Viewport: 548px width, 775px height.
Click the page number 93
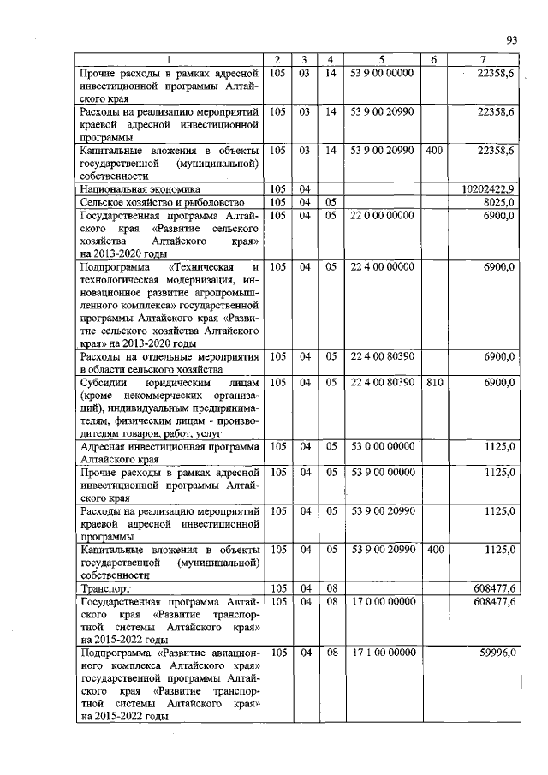(511, 39)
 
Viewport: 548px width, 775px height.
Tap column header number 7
(485, 58)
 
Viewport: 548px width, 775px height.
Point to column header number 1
(169, 58)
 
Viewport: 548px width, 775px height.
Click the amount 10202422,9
(485, 188)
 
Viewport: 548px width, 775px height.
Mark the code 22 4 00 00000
(381, 268)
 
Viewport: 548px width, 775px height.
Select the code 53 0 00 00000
(381, 446)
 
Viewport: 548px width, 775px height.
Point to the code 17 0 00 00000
(381, 603)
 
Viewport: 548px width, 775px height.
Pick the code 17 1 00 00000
(381, 653)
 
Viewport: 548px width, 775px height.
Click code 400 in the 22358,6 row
(433, 151)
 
